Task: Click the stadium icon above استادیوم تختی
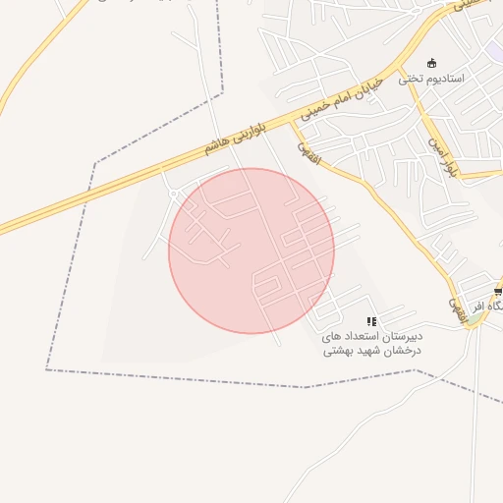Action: pos(431,62)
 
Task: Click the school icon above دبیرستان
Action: pos(371,321)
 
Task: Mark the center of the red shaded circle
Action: pos(251,251)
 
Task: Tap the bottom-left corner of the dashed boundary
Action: pos(46,369)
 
